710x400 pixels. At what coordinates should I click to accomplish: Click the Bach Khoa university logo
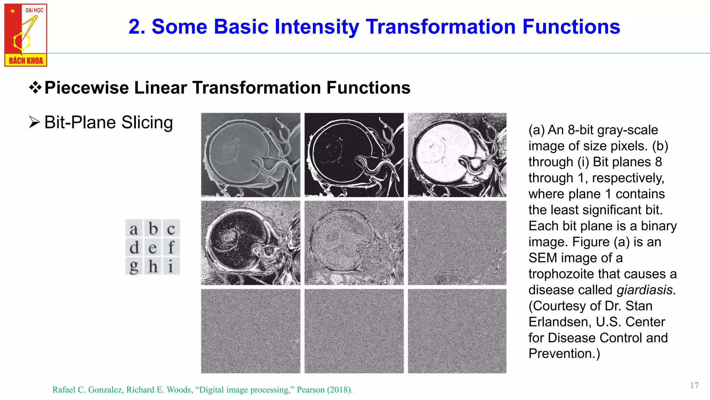[x=26, y=35]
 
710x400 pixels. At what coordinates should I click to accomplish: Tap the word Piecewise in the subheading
[x=86, y=88]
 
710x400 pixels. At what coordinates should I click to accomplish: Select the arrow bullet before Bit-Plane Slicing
[x=34, y=123]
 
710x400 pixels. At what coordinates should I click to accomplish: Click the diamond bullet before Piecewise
[x=35, y=87]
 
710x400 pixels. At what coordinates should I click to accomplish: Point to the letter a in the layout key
[x=134, y=229]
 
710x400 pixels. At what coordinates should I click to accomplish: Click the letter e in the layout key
[x=153, y=248]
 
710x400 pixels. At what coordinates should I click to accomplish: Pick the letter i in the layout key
[x=171, y=267]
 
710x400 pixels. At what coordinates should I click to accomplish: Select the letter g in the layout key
[x=134, y=267]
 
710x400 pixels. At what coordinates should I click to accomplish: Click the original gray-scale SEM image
[x=251, y=155]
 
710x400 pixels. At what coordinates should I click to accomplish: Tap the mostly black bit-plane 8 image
[x=354, y=155]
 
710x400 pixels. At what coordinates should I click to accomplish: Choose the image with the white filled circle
[x=457, y=155]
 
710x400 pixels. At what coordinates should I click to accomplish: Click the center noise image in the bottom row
[x=354, y=331]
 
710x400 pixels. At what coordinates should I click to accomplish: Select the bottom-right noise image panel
[x=457, y=331]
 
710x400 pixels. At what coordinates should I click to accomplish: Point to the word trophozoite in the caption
[x=561, y=274]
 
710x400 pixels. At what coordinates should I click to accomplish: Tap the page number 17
[x=694, y=385]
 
